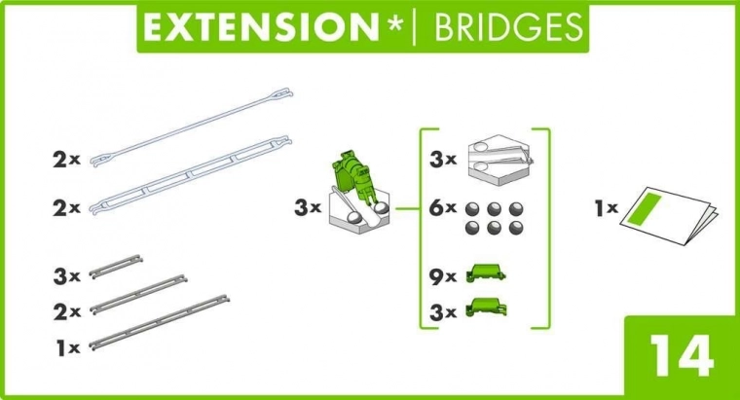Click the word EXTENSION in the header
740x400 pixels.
(261, 27)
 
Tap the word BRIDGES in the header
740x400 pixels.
(508, 27)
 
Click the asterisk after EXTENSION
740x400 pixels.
(394, 23)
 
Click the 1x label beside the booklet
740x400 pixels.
(606, 207)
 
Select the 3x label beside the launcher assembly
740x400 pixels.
(308, 207)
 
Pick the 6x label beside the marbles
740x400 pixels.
(443, 207)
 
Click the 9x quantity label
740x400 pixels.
(443, 277)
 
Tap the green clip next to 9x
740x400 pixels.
(486, 273)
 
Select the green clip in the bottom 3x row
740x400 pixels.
(486, 308)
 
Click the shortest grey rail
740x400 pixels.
(116, 267)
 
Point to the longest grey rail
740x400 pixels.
(160, 323)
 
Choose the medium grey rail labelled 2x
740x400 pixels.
(138, 295)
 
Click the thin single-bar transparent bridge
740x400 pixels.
(191, 127)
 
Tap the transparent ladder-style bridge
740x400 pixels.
(190, 176)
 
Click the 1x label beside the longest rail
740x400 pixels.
(68, 348)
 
